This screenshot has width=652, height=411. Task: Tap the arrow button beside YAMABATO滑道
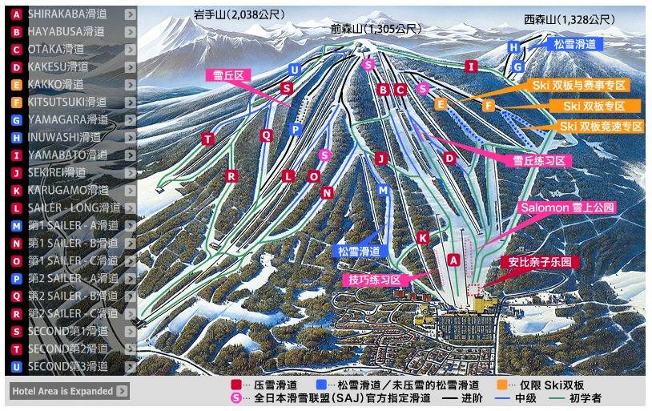click(131, 155)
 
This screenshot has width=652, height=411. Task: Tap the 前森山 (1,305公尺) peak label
click(376, 29)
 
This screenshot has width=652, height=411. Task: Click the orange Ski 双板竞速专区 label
click(601, 127)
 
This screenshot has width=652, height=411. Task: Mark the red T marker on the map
click(208, 139)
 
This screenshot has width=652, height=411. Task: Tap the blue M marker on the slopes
click(383, 190)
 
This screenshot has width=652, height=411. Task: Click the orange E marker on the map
click(441, 103)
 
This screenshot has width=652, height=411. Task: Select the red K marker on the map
click(423, 237)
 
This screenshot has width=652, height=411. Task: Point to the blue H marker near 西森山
click(513, 47)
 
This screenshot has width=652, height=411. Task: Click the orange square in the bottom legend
click(501, 385)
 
